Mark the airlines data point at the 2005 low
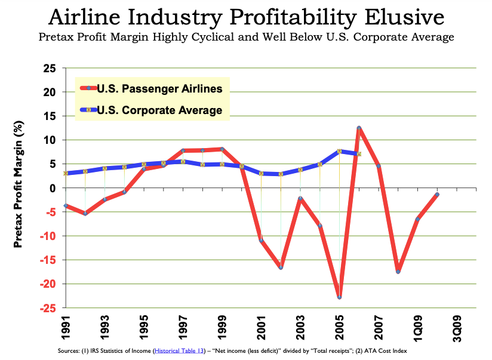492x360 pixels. (339, 297)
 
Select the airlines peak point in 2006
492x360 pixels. (359, 128)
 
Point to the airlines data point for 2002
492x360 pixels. (281, 267)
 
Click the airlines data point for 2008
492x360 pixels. (398, 272)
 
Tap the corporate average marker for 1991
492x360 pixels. (66, 174)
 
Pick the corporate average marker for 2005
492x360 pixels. (339, 152)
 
